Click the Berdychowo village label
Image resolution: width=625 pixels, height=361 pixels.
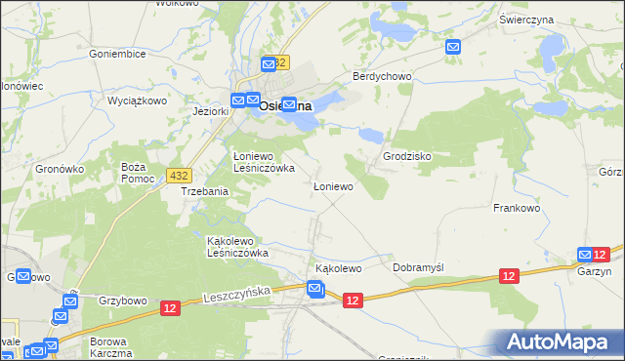click(383, 76)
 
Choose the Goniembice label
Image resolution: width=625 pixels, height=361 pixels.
click(116, 55)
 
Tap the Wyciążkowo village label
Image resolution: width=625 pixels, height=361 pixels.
click(137, 100)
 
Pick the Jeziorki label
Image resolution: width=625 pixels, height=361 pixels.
click(210, 111)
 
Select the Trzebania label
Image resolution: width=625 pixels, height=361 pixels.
click(204, 192)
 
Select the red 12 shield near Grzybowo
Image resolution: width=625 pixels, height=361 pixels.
click(170, 308)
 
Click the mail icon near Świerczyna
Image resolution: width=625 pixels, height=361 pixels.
click(453, 47)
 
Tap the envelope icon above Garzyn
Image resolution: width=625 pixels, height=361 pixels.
click(585, 255)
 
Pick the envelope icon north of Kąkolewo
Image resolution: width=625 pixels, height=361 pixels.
click(314, 289)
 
